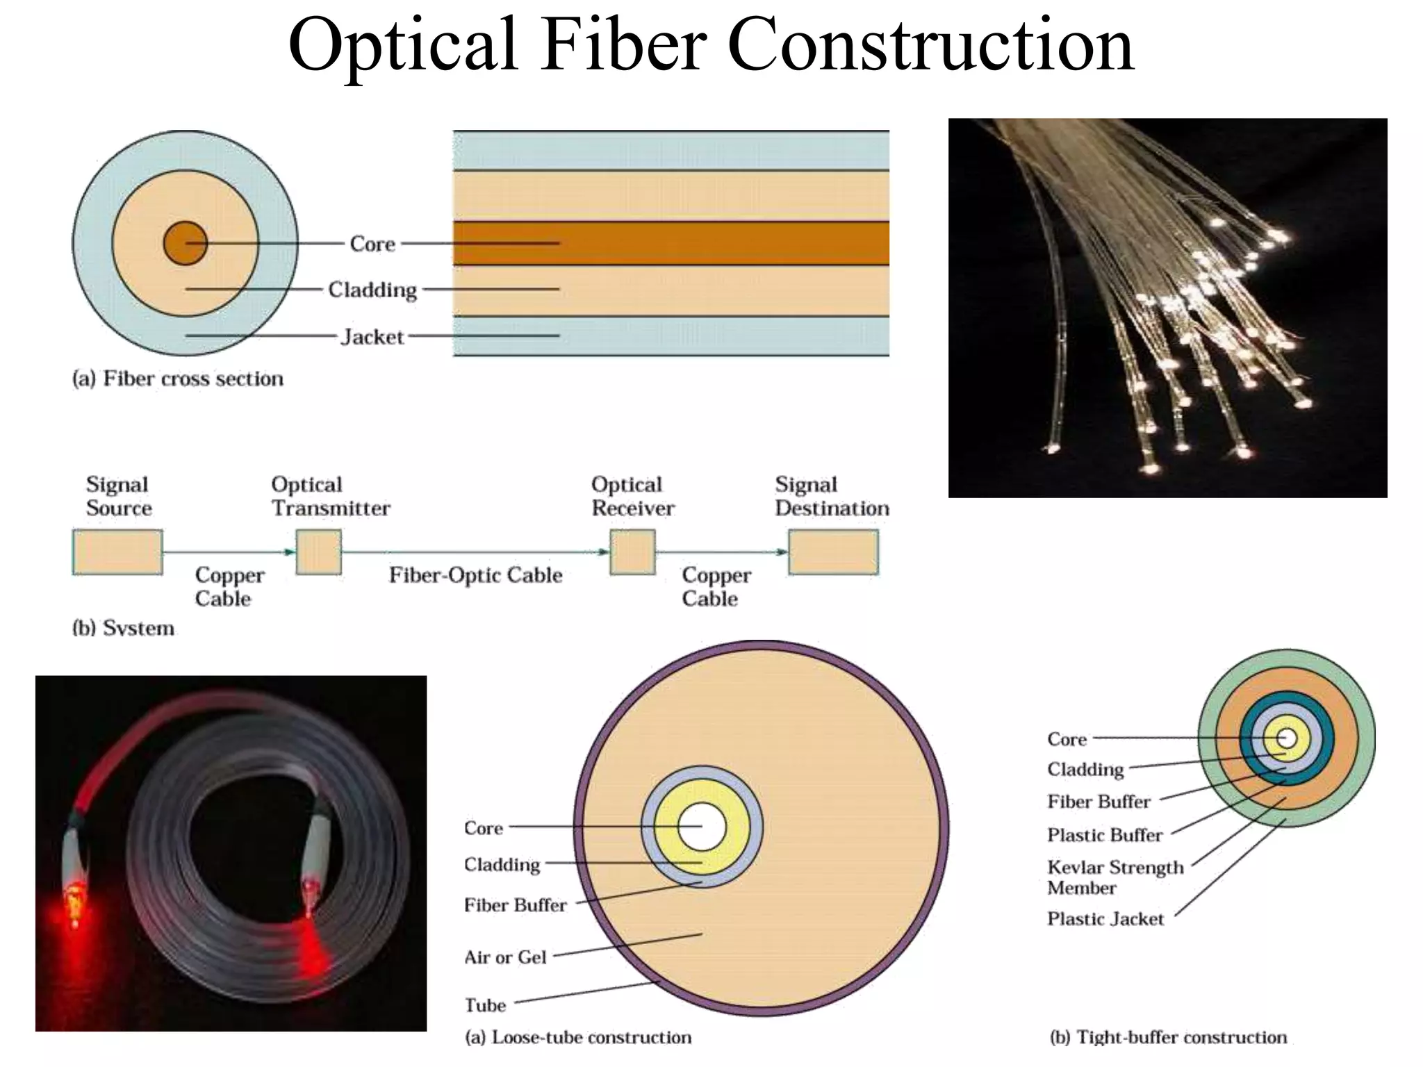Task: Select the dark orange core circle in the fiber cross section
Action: pyautogui.click(x=186, y=243)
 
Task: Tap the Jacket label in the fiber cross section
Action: pyautogui.click(x=372, y=337)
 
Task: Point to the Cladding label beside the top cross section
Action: pyautogui.click(x=372, y=290)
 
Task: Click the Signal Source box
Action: pyautogui.click(x=117, y=552)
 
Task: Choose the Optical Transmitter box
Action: pyautogui.click(x=319, y=552)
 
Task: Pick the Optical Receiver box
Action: pyautogui.click(x=632, y=552)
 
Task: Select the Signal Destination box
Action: pyautogui.click(x=833, y=552)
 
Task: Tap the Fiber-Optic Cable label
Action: pyautogui.click(x=475, y=575)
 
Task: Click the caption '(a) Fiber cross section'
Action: pyautogui.click(x=178, y=379)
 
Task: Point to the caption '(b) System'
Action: pyautogui.click(x=123, y=628)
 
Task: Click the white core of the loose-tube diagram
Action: pyautogui.click(x=702, y=827)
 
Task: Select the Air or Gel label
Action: pyautogui.click(x=505, y=957)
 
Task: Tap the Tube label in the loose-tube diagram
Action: pyautogui.click(x=485, y=1005)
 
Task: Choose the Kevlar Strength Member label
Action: pyautogui.click(x=1114, y=877)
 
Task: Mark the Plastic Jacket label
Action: pyautogui.click(x=1105, y=919)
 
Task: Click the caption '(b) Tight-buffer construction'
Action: pyautogui.click(x=1168, y=1037)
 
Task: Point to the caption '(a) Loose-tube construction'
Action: pyautogui.click(x=578, y=1037)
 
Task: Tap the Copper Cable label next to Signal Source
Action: pyautogui.click(x=229, y=587)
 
